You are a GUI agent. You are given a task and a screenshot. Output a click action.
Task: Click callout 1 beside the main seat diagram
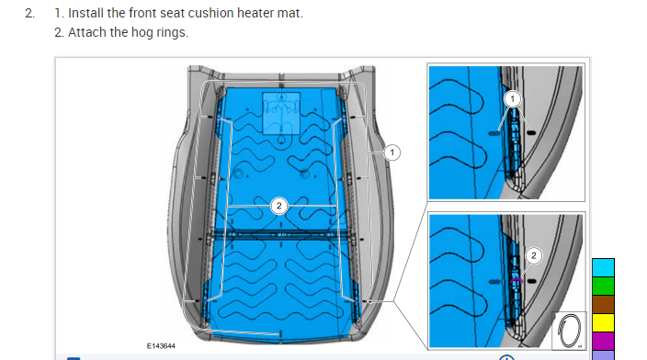[392, 152]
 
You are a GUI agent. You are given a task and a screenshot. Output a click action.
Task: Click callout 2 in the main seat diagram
[279, 206]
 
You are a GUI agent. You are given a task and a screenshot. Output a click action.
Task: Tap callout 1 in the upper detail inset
[513, 99]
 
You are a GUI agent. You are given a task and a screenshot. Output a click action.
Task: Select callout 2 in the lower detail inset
[534, 255]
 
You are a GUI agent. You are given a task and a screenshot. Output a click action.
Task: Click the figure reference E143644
[161, 346]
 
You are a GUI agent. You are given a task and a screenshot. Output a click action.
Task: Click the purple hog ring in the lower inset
[516, 280]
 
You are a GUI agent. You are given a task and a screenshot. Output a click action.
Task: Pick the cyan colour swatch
[603, 267]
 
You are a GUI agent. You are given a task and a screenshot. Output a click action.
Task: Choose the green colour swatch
[603, 286]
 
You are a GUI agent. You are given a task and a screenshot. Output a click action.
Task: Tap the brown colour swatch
[603, 304]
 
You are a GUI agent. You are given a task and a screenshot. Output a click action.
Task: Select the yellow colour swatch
[603, 322]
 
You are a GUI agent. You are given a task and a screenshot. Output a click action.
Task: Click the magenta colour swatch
[603, 341]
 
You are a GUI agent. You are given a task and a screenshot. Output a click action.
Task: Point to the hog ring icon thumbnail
[570, 331]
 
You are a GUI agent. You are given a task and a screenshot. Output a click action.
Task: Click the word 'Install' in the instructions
[85, 13]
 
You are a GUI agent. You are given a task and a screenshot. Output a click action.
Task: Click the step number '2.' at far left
[29, 13]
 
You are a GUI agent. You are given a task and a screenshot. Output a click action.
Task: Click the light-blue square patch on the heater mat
[281, 113]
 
